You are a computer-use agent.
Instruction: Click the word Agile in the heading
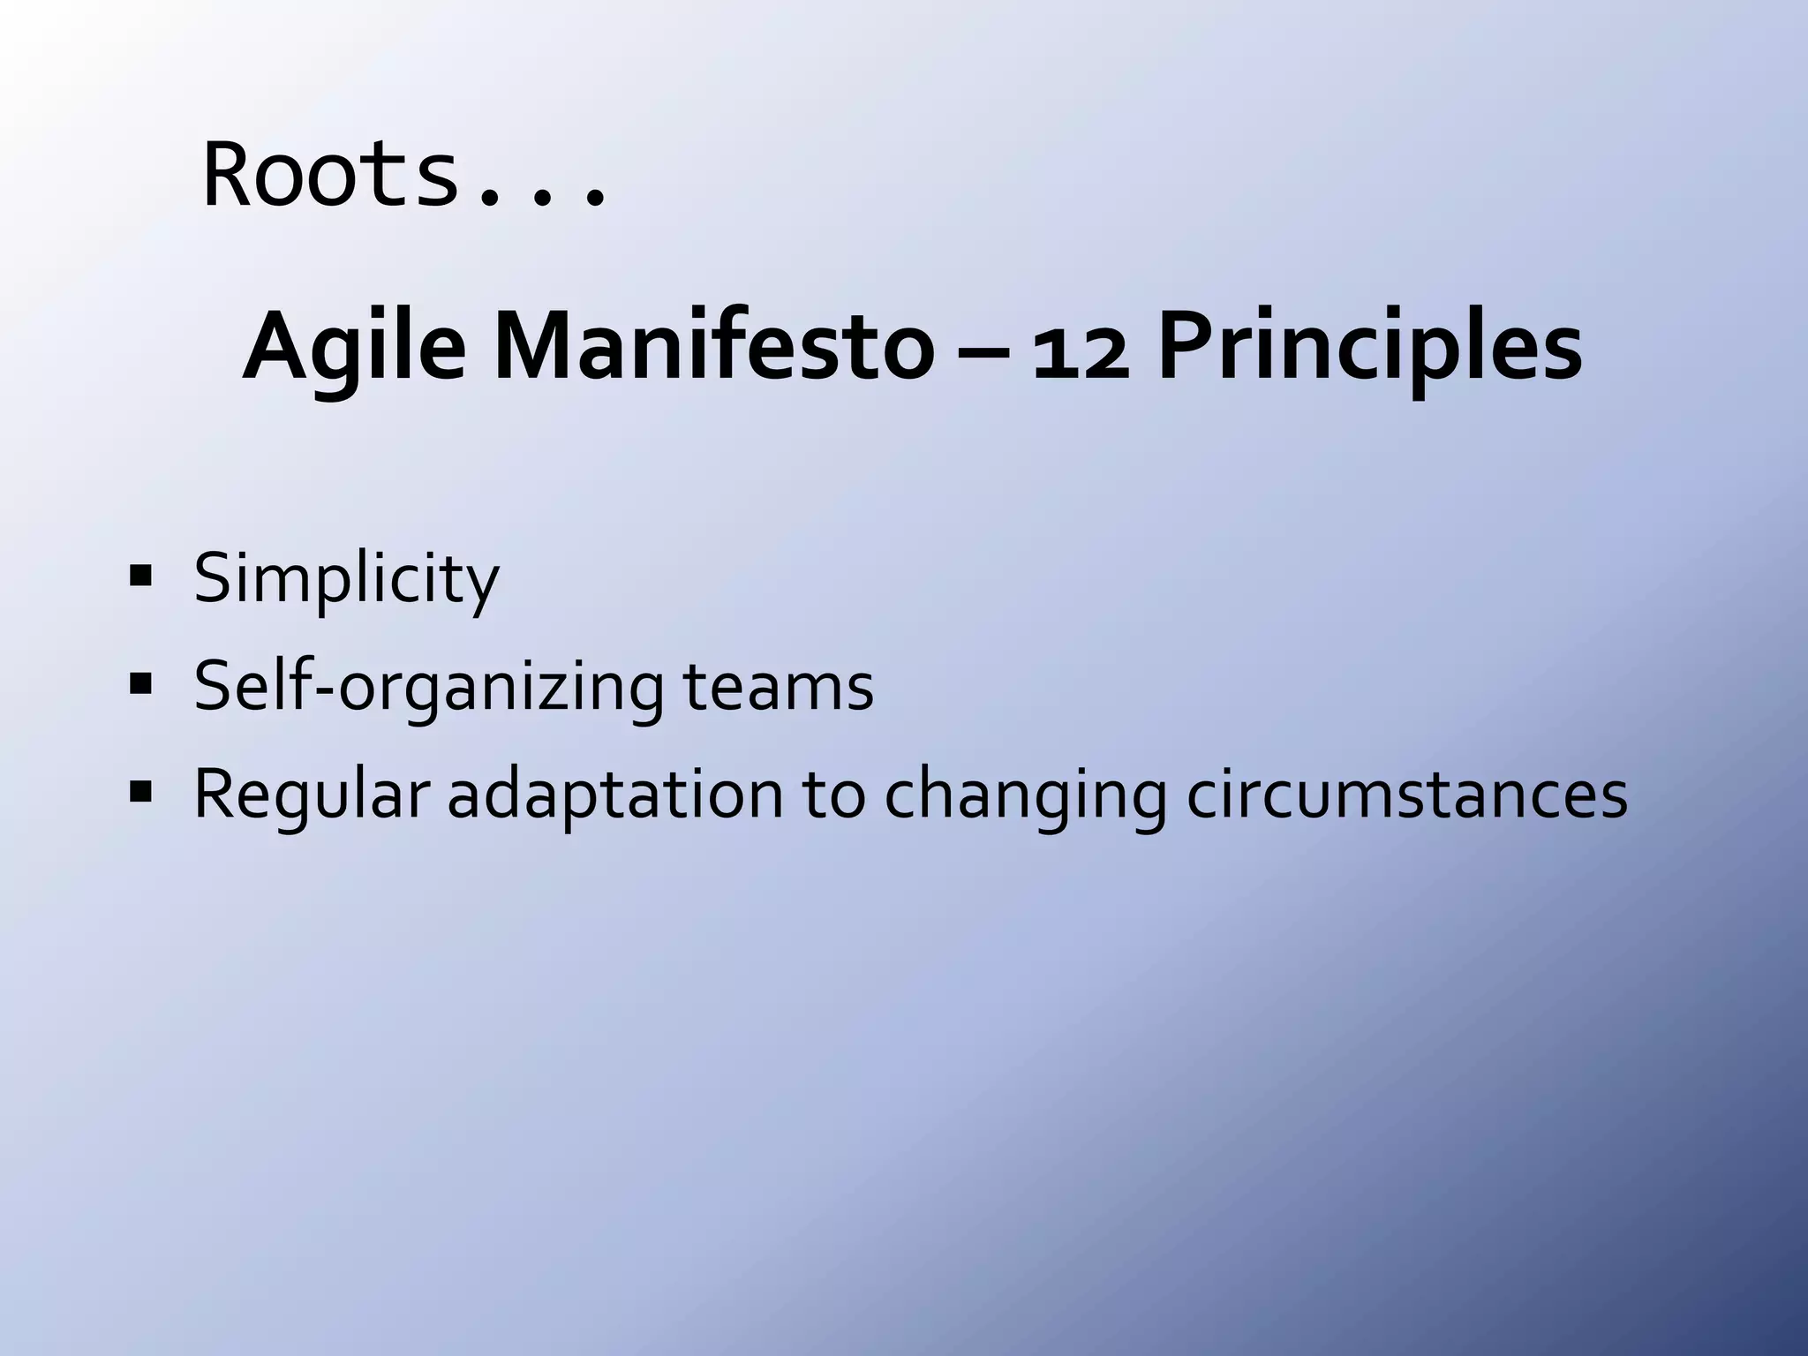pos(353,346)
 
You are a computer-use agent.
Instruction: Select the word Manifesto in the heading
pos(713,346)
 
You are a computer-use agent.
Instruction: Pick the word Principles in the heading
pos(1369,346)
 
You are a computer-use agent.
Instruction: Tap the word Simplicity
pos(346,579)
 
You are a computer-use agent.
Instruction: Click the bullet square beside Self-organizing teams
pos(140,684)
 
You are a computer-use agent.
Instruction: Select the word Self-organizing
pos(428,687)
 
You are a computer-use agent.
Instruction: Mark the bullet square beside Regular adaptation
pos(140,792)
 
